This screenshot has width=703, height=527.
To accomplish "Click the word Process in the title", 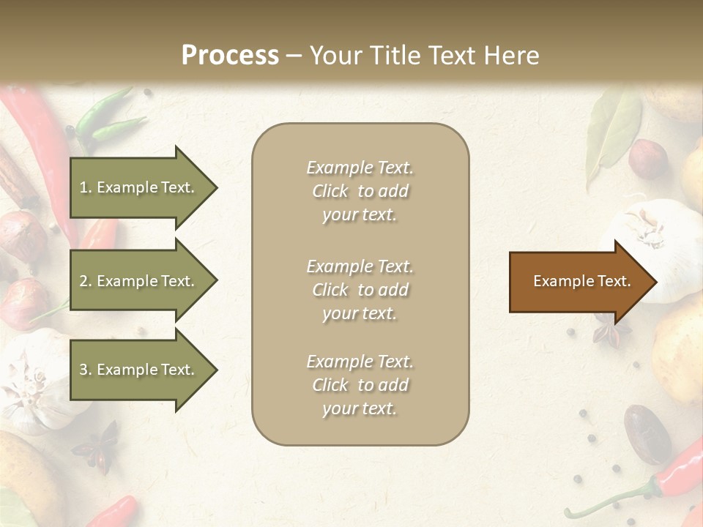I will [x=230, y=56].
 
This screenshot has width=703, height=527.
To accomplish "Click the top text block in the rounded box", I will [x=360, y=191].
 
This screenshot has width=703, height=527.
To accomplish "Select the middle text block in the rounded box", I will [x=360, y=290].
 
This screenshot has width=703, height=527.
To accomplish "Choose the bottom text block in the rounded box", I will [x=360, y=385].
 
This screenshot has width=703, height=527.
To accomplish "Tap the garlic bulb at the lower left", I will [x=37, y=381].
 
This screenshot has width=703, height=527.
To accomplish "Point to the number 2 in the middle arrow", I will [x=84, y=281].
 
